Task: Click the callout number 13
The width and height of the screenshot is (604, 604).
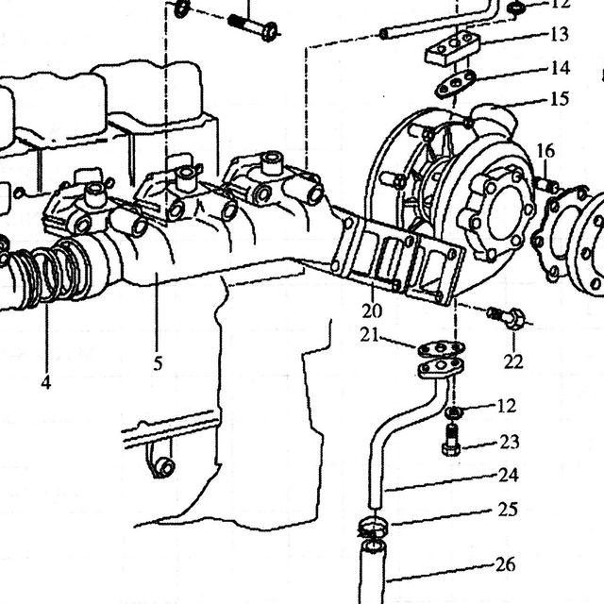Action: tap(560, 34)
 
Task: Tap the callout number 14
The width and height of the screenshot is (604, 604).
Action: tap(560, 68)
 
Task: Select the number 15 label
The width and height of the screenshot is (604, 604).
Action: tap(560, 99)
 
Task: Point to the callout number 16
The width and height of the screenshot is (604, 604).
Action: tap(545, 151)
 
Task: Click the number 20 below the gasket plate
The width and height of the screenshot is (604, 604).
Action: tap(372, 310)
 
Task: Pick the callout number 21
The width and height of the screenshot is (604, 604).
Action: tap(369, 335)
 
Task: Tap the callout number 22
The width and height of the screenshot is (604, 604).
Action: tap(513, 361)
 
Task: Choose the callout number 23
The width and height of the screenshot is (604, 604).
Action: tap(510, 442)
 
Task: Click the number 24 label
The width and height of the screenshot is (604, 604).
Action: tap(509, 476)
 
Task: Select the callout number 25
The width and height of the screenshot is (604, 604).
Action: tap(508, 510)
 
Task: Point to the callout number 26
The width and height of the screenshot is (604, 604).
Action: tap(505, 565)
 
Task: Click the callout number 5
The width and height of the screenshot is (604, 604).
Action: tap(158, 363)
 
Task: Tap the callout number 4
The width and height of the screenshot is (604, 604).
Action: tap(46, 382)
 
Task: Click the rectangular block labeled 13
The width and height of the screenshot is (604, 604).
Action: tap(453, 48)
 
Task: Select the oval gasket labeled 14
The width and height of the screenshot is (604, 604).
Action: tap(456, 84)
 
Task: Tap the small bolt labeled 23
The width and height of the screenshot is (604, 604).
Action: tap(451, 441)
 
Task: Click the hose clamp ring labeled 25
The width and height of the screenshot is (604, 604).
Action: tap(372, 526)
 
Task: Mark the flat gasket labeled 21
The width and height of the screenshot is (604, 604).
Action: tap(441, 349)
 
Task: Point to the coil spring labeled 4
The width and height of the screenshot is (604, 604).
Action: tap(46, 275)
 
